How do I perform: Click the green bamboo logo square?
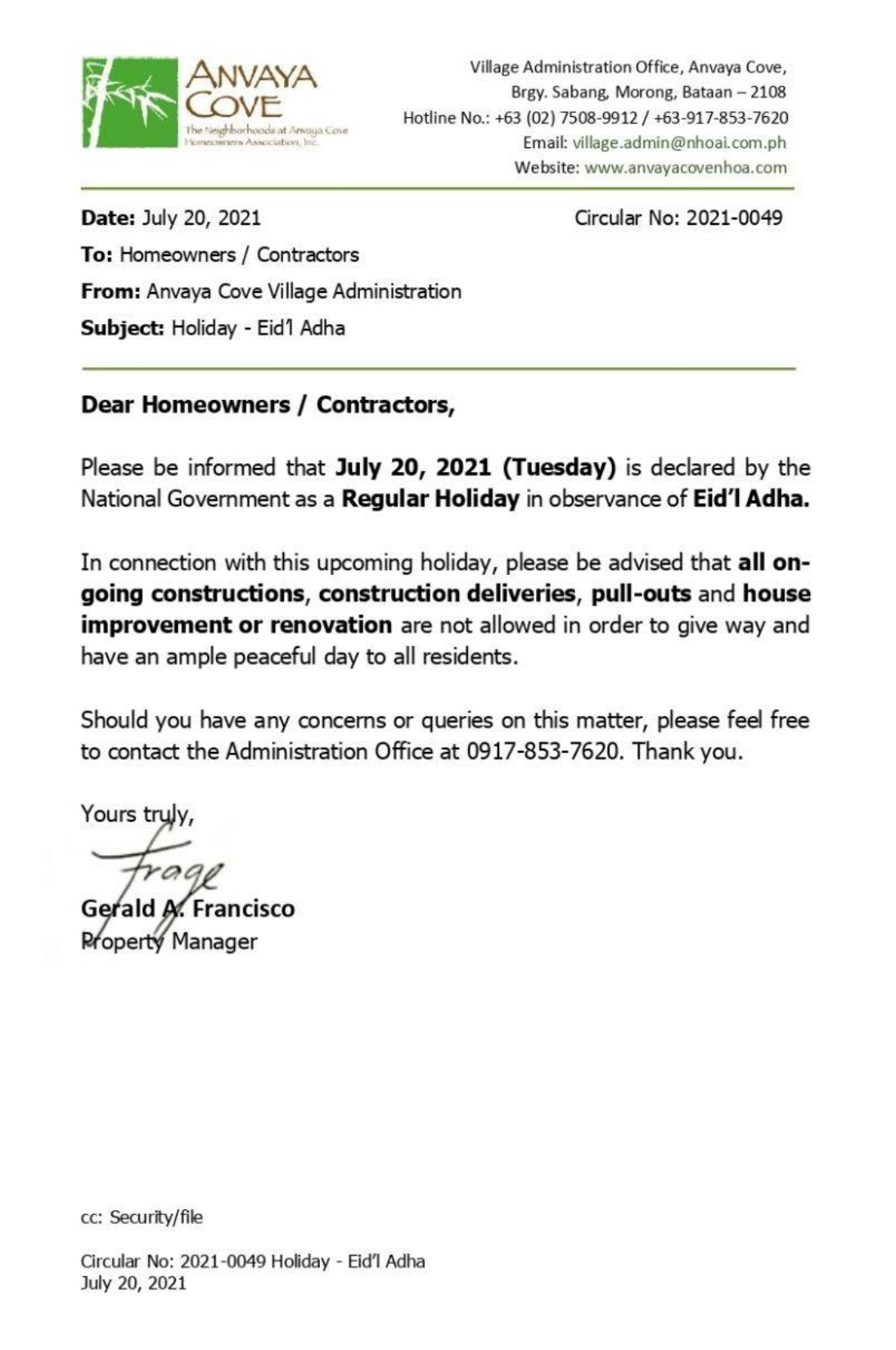130,101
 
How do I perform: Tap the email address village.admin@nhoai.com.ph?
679,142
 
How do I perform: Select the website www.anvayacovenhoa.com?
686,168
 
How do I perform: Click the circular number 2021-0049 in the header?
733,218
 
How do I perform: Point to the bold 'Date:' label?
108,218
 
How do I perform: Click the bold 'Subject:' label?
122,328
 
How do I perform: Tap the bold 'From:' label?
110,291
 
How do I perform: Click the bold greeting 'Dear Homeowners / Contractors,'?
267,404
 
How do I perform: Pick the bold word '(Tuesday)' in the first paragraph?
559,467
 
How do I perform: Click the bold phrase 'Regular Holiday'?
430,498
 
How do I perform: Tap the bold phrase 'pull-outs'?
641,593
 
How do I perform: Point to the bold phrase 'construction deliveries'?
447,593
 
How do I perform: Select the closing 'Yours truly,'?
137,814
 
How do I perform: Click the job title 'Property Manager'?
169,942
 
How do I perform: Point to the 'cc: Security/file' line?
142,1217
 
